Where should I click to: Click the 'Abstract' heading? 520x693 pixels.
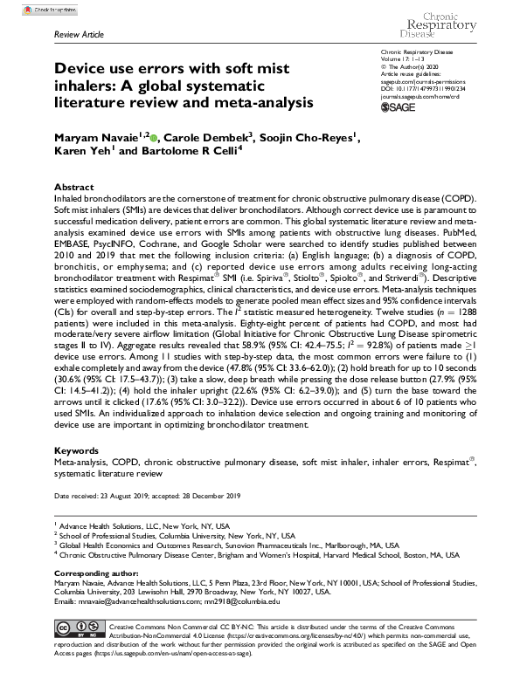pos(73,188)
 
